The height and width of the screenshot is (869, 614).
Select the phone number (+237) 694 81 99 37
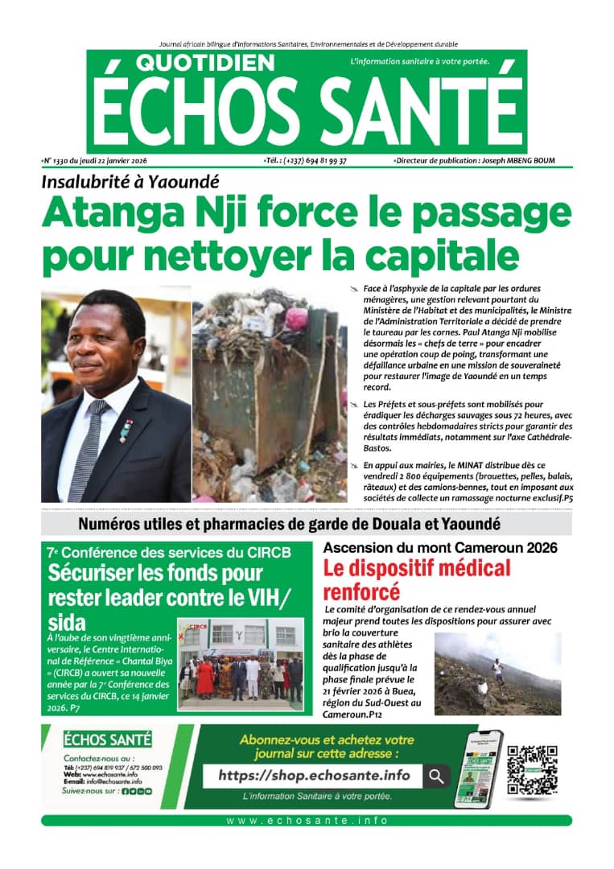tap(307, 161)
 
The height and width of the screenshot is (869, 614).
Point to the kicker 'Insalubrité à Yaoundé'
tap(130, 182)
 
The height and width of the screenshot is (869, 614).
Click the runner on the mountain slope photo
tap(499, 666)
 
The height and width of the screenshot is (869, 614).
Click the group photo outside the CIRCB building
tap(240, 665)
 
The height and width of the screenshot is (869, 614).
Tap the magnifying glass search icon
tap(435, 776)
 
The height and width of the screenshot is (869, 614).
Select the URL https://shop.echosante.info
tap(314, 776)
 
